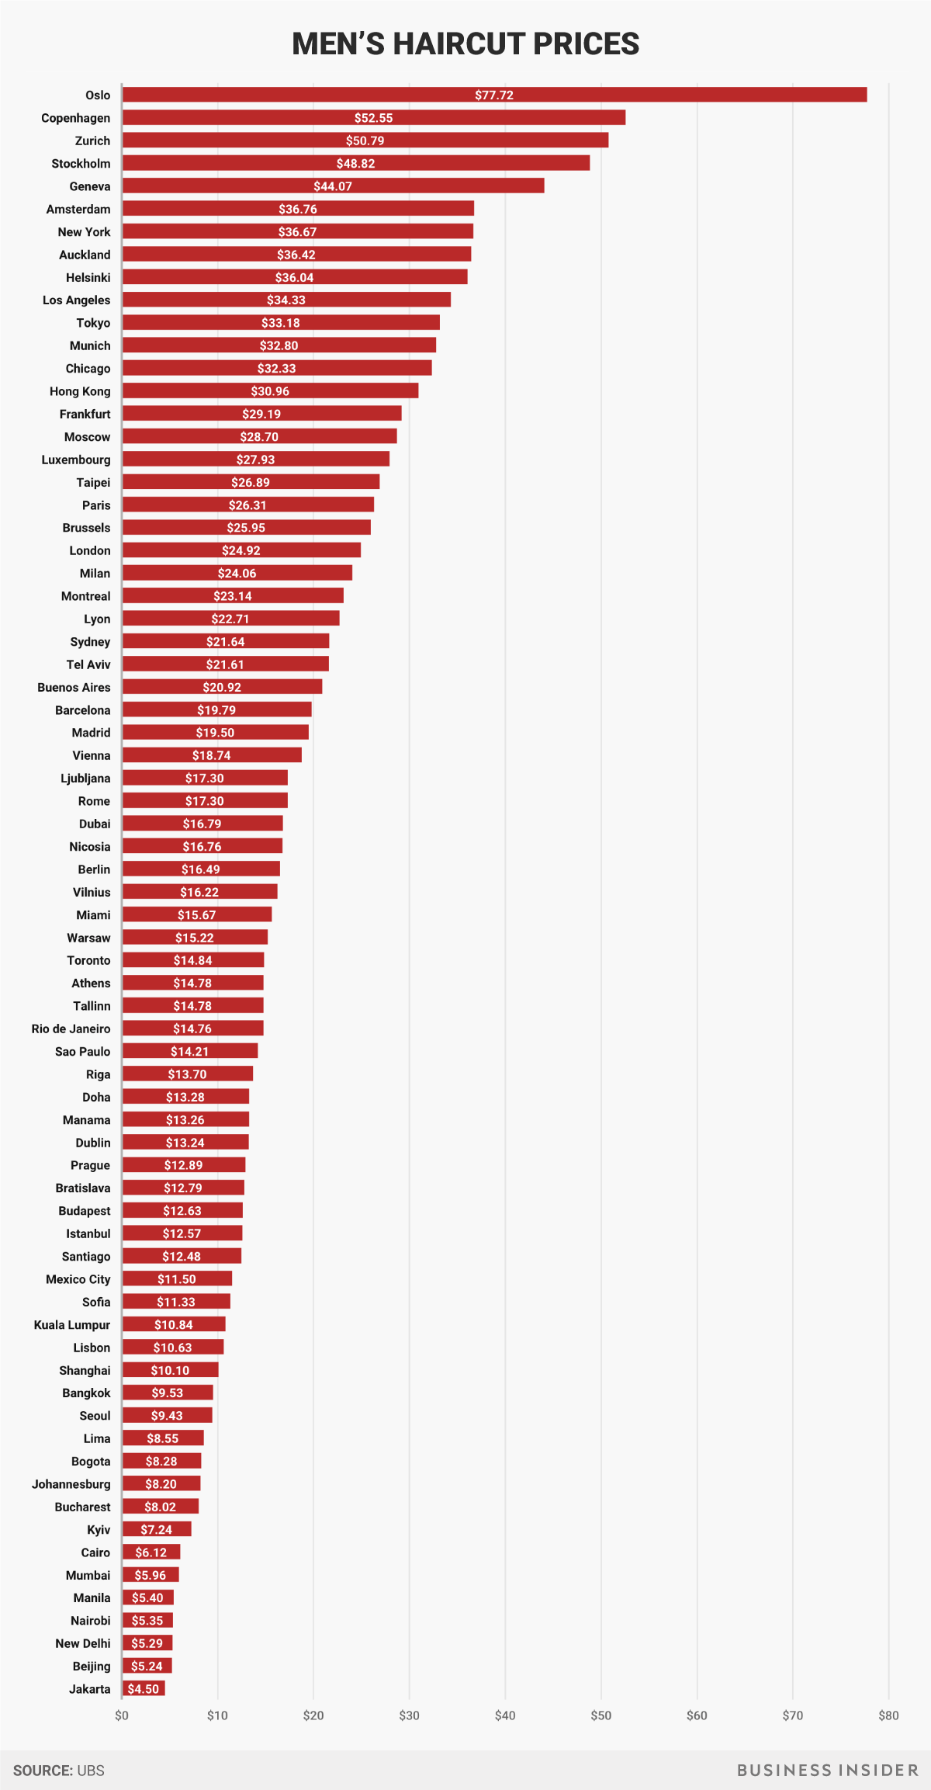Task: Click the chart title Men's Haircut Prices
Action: pyautogui.click(x=465, y=44)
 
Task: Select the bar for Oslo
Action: pyautogui.click(x=494, y=95)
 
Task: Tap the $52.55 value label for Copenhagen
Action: pyautogui.click(x=373, y=118)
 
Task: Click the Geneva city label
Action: pyautogui.click(x=90, y=186)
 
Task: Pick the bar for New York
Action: pyautogui.click(x=297, y=231)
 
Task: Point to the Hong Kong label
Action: pyautogui.click(x=80, y=391)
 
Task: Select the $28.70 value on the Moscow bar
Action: pyautogui.click(x=259, y=437)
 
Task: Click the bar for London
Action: pyautogui.click(x=241, y=550)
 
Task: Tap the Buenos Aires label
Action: pyautogui.click(x=74, y=687)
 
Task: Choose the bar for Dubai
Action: pyautogui.click(x=202, y=824)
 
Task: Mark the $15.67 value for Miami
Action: pyautogui.click(x=197, y=915)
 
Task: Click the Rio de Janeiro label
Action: pyautogui.click(x=71, y=1029)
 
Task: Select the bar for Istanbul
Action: pyautogui.click(x=182, y=1233)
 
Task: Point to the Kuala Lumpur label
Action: pyautogui.click(x=72, y=1325)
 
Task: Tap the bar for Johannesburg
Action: pyautogui.click(x=161, y=1484)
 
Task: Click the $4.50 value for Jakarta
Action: pyautogui.click(x=144, y=1689)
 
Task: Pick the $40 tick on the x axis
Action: pyautogui.click(x=505, y=1715)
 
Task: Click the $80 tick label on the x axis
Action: pyautogui.click(x=888, y=1715)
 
